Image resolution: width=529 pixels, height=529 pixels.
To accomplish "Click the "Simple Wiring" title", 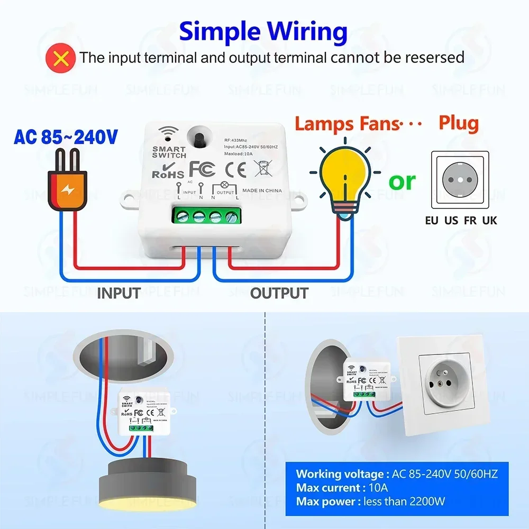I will [263, 31].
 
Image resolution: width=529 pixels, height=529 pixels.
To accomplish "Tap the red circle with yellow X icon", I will [62, 57].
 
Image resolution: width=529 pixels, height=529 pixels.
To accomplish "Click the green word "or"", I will [403, 181].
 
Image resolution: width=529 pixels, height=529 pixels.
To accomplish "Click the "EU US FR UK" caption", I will [461, 220].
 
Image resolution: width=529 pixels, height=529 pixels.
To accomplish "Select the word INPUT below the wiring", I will [118, 293].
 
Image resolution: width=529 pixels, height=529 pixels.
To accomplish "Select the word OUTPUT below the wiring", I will [279, 293].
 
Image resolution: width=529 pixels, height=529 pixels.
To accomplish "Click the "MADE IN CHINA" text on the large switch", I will [262, 190].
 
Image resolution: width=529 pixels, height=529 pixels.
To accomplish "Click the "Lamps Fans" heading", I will [346, 124].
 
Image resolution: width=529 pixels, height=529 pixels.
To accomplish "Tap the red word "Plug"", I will [458, 123].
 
